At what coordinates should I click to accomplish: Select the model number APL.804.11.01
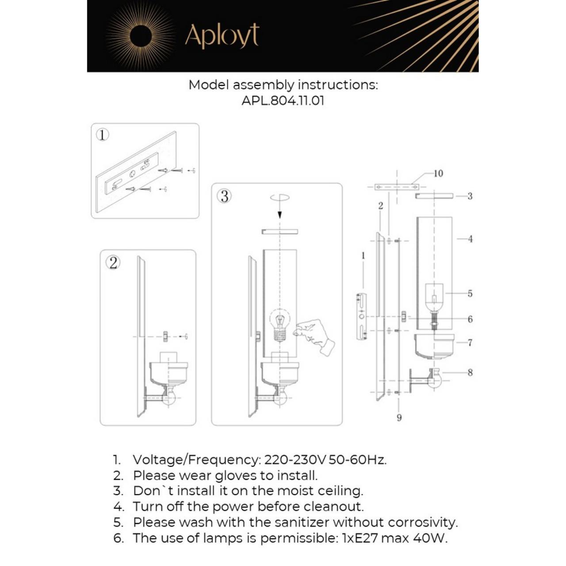(283, 100)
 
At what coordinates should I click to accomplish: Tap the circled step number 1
(103, 134)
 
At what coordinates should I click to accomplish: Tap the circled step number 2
(113, 263)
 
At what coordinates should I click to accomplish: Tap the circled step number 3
(225, 196)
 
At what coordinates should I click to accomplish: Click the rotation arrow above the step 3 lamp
(279, 198)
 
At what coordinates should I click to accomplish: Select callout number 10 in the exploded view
(438, 173)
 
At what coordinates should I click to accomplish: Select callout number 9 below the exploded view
(399, 417)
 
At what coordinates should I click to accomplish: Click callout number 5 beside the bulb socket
(470, 293)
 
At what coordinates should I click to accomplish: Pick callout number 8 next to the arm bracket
(470, 372)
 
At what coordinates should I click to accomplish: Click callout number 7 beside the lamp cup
(470, 343)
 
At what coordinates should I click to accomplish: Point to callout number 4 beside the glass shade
(470, 239)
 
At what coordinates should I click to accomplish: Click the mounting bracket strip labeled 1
(362, 316)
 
